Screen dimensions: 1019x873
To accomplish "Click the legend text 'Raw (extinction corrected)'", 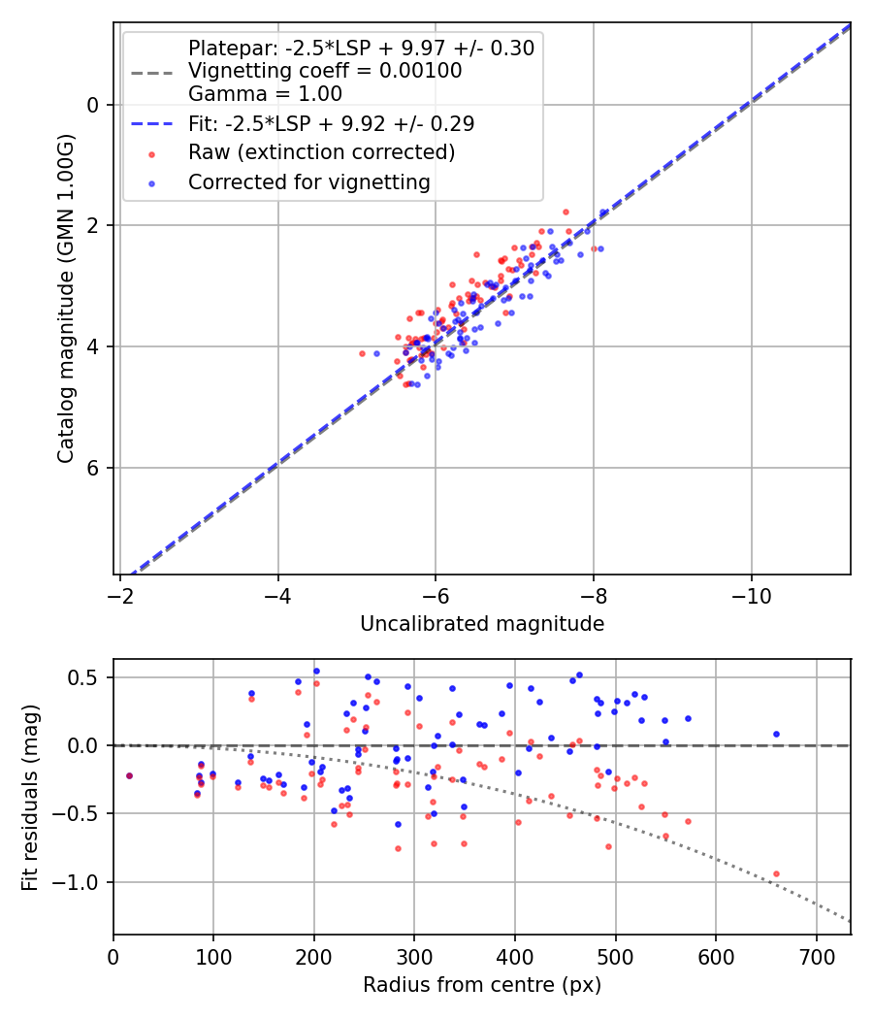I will click(x=321, y=152).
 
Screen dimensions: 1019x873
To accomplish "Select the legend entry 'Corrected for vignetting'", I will click(x=309, y=182).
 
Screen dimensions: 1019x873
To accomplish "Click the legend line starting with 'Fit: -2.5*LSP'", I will click(x=331, y=124).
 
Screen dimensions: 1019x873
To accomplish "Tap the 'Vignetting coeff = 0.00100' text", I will click(x=324, y=71).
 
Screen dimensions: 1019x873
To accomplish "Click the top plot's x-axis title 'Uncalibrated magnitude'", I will click(x=482, y=624).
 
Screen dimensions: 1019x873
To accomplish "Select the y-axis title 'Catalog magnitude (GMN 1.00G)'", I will click(x=65, y=299).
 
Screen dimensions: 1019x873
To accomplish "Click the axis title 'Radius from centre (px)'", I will click(x=482, y=985).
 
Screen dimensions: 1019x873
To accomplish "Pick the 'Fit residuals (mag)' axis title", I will click(x=30, y=797).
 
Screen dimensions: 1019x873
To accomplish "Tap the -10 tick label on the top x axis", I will click(x=751, y=595).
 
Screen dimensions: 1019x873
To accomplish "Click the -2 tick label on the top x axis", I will click(x=121, y=595).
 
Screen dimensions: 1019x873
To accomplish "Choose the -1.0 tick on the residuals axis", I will click(x=82, y=882).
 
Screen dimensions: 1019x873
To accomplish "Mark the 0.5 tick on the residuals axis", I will click(x=89, y=677).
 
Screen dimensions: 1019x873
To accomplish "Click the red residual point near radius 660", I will click(x=776, y=873).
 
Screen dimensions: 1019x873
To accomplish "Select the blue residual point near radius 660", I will click(x=776, y=735).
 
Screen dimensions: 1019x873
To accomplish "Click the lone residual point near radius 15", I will click(x=129, y=775).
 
